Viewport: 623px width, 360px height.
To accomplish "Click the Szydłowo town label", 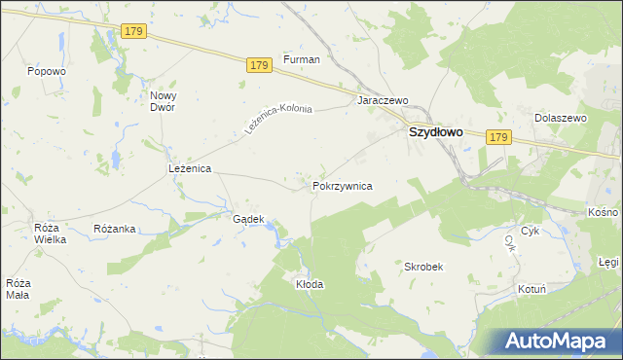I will click(x=435, y=132).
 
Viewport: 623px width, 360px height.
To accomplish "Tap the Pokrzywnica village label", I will click(x=342, y=185).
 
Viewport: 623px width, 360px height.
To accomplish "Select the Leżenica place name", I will click(x=190, y=168).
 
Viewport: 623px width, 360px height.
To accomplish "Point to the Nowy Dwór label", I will click(x=162, y=101).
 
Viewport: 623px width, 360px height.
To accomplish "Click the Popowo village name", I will click(x=47, y=71).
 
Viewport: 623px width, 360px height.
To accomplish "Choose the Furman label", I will click(x=302, y=59).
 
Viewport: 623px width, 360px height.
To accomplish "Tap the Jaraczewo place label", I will click(x=383, y=100).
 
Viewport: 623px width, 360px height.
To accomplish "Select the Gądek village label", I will click(x=248, y=219).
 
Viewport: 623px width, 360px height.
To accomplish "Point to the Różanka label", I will click(x=114, y=229).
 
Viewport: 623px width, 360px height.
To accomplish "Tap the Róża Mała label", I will click(x=18, y=289).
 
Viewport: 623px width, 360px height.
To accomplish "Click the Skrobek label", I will click(x=423, y=266).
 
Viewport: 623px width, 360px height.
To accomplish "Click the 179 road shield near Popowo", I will click(x=134, y=32).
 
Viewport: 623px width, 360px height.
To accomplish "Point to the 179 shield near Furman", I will click(x=257, y=65).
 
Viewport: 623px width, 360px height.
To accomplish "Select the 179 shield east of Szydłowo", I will click(x=498, y=138).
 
